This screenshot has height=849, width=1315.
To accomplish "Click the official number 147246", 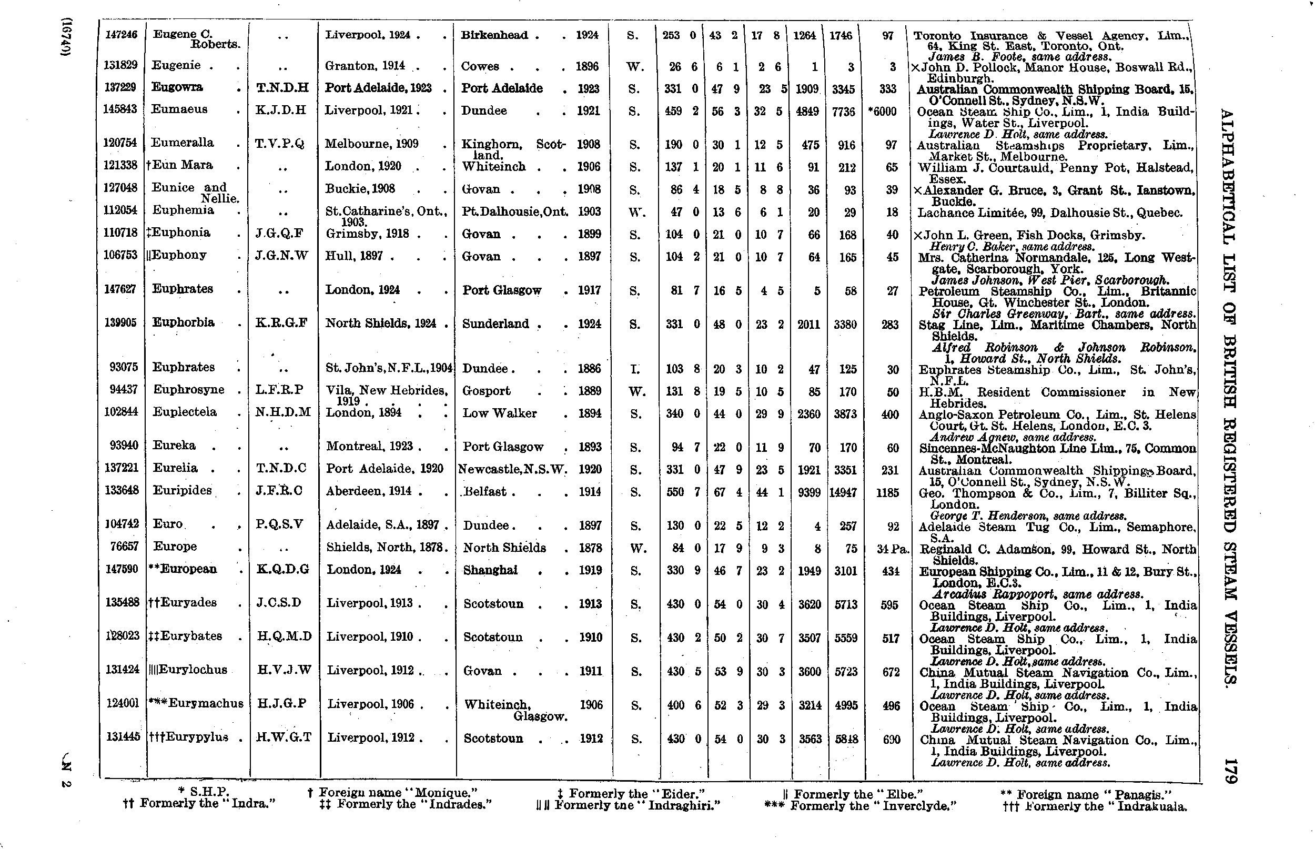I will point(120,35).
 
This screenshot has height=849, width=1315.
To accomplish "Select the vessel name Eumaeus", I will point(180,109).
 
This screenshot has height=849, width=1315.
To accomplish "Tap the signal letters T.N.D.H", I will point(282,88).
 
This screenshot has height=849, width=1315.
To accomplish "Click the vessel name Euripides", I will point(182,490).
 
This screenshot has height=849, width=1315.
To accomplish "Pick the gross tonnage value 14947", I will point(843,492).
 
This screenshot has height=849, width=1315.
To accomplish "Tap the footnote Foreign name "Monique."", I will point(392,793).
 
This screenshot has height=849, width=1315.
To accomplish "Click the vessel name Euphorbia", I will point(183,322).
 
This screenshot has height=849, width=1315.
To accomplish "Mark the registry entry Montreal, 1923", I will point(373,446).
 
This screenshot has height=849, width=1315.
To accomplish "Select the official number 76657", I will point(122,547).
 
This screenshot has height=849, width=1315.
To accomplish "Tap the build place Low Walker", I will point(499,413).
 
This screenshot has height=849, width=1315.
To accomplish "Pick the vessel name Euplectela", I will point(185,412).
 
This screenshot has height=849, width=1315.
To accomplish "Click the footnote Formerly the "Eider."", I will point(631,793).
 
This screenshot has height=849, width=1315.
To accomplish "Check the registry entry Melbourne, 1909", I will point(371,144).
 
